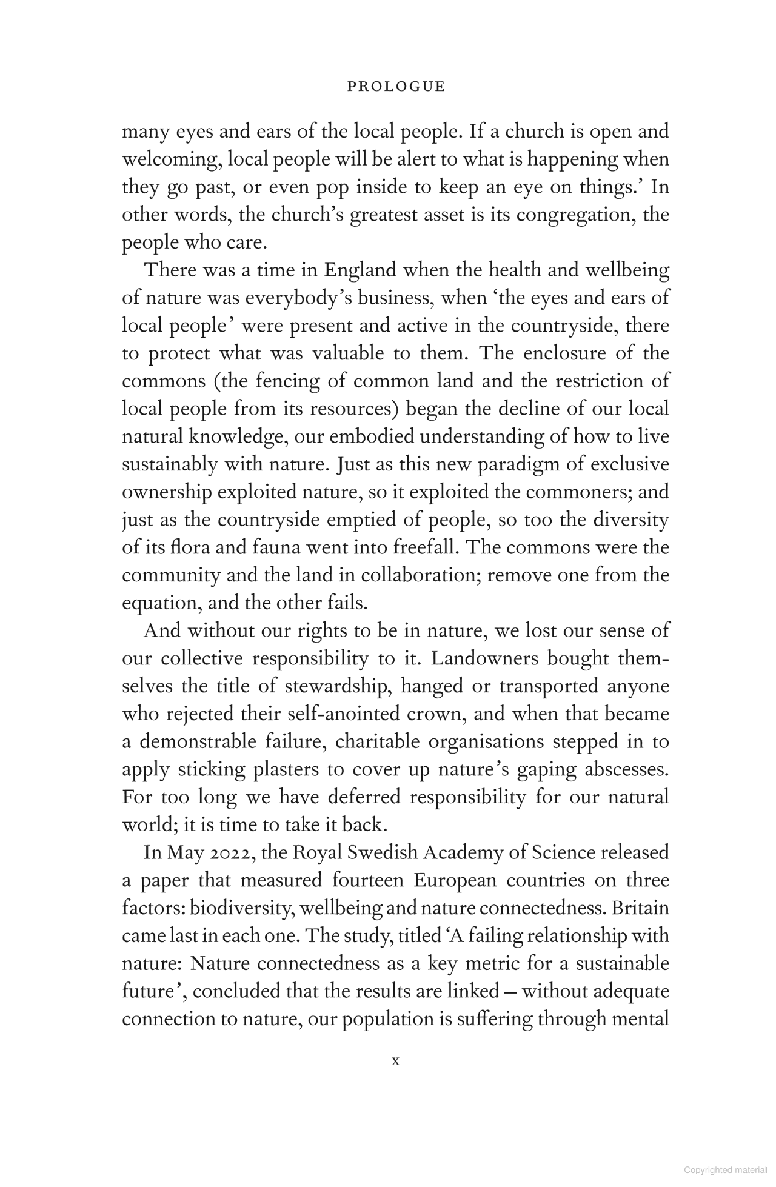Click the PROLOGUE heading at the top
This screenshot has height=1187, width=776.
tap(396, 87)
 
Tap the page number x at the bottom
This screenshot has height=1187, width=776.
tap(396, 1061)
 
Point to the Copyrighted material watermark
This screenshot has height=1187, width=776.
tap(729, 1171)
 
